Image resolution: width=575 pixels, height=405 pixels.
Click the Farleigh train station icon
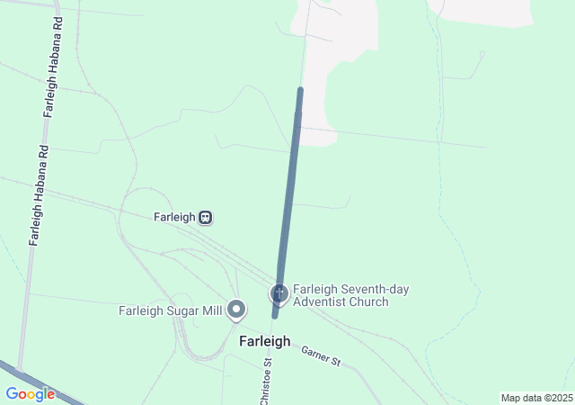[206, 217]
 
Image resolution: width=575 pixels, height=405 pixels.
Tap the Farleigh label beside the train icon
[174, 217]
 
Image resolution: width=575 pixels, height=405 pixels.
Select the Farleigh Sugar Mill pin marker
[237, 310]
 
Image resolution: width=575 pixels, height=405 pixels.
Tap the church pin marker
[279, 293]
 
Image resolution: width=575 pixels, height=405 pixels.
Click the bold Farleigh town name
[264, 341]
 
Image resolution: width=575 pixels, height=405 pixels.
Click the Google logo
[30, 394]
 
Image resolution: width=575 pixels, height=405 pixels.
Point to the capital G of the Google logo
[12, 394]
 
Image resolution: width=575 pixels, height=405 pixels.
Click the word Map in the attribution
[510, 398]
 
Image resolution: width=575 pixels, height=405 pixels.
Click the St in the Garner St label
[336, 362]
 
